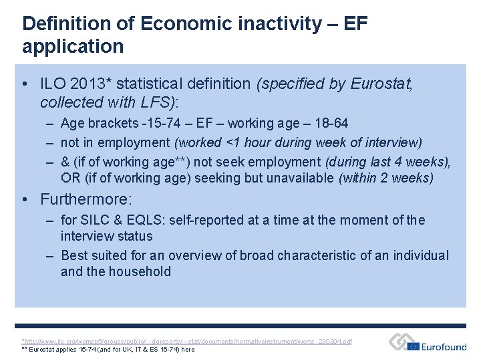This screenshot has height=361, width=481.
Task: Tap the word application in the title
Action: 73,47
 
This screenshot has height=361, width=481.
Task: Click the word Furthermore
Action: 86,200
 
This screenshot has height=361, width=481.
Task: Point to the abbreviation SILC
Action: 93,220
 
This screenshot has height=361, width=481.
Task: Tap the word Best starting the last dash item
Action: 73,255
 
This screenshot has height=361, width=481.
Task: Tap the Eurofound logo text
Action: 445,346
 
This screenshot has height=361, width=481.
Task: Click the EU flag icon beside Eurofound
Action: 413,346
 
